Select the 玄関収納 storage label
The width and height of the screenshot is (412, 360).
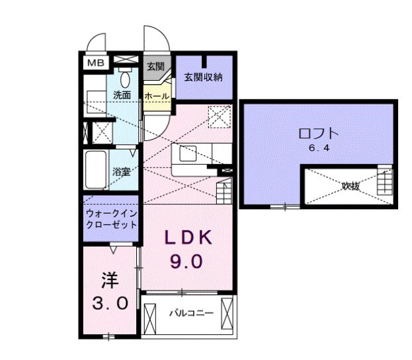pos(203,77)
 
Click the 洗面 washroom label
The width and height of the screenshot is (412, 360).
pos(122,95)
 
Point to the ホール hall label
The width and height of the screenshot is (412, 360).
pos(156,96)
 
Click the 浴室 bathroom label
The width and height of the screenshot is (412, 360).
pos(120,171)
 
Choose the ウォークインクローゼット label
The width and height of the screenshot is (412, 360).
pos(111,219)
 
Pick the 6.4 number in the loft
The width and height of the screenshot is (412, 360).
pos(318,148)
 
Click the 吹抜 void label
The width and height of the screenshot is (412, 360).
pos(350,187)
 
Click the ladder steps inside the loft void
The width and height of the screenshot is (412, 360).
pos(384,182)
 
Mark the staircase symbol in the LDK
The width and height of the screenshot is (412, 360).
pos(224,191)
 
